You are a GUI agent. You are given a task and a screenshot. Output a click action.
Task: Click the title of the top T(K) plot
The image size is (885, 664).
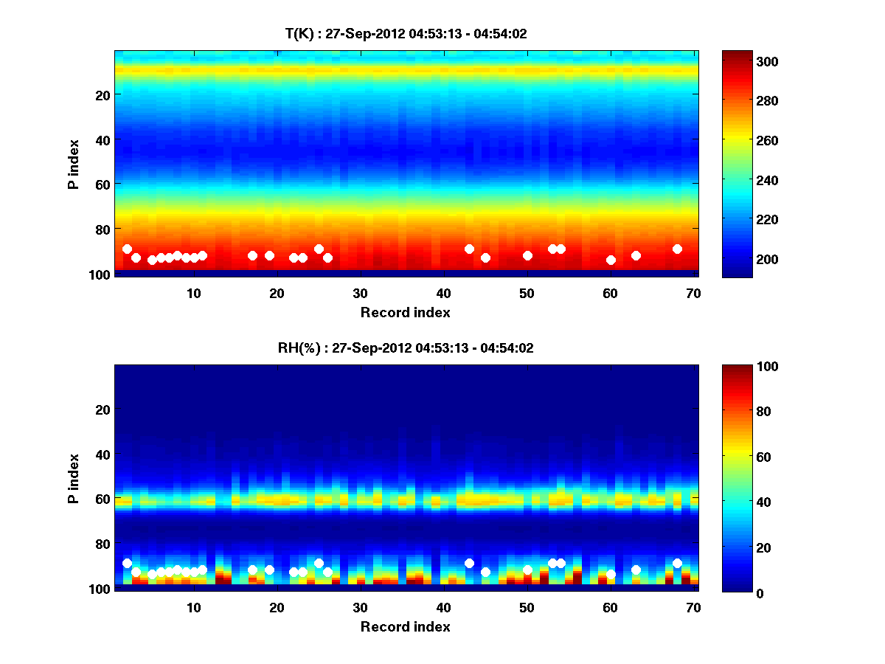(406, 33)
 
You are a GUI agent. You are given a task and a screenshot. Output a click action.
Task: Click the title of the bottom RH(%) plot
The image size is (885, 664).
(406, 347)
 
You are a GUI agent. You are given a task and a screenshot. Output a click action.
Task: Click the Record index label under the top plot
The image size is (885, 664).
(406, 312)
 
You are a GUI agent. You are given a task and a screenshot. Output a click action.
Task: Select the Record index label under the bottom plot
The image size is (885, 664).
(406, 626)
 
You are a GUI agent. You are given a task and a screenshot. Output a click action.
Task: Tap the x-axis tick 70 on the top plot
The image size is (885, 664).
(694, 293)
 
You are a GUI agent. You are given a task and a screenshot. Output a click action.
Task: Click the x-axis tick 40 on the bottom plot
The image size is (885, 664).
(444, 607)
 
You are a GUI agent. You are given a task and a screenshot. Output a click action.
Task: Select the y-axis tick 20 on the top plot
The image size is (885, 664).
(102, 94)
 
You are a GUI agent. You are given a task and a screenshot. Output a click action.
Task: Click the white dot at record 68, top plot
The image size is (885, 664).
(677, 249)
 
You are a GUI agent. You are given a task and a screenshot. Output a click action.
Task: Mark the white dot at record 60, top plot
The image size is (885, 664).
(611, 260)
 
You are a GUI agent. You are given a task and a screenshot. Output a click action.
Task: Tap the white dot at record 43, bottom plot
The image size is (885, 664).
(469, 563)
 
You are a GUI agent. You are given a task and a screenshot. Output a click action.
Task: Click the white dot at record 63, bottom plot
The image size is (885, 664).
(636, 570)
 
